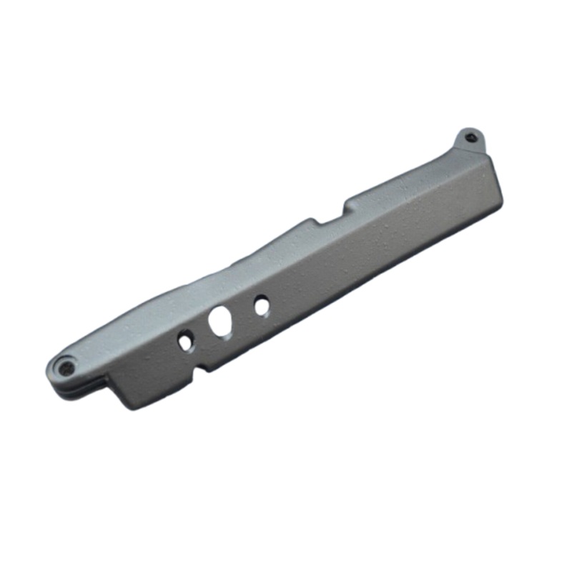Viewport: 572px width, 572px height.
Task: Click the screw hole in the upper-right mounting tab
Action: click(x=469, y=138)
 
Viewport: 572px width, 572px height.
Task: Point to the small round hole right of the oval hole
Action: click(x=262, y=306)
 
